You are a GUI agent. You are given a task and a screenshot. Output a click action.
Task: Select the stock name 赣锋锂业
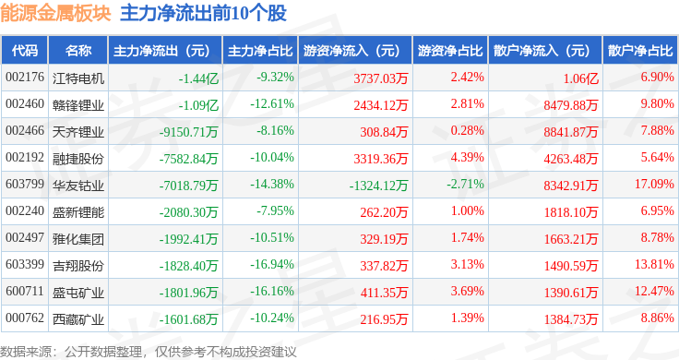[77, 105]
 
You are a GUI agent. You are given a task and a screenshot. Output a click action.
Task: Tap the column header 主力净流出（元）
[161, 51]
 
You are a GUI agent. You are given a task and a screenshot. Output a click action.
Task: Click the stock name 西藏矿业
[77, 318]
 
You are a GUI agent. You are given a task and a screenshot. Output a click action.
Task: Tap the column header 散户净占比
[640, 51]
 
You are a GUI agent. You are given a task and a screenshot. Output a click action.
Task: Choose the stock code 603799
[24, 185]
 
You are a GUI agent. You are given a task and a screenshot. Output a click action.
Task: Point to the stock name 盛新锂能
[77, 211]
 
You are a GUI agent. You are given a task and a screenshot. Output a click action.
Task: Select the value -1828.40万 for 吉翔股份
[188, 265]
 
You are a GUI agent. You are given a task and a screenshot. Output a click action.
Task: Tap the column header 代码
[25, 51]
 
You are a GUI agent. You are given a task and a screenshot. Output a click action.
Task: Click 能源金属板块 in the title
[56, 14]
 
